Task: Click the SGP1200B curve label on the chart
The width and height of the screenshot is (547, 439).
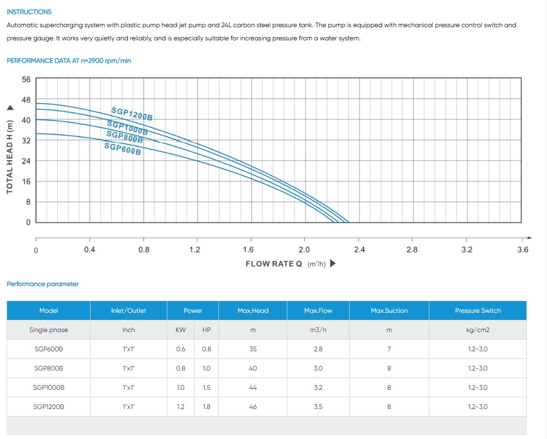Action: [132, 114]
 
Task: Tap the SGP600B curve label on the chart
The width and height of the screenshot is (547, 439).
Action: [122, 149]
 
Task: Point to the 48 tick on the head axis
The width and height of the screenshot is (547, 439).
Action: [26, 100]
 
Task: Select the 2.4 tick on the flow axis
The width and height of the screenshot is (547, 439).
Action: [359, 250]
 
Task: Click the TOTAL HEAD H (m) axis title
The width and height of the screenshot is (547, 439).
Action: [10, 157]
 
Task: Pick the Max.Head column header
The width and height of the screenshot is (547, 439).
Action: [253, 310]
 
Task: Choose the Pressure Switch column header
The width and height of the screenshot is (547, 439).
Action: [478, 310]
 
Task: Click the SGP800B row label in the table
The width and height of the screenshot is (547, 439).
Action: [48, 368]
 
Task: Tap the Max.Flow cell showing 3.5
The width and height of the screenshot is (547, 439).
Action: [318, 407]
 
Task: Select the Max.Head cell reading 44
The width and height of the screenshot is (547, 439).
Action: [253, 387]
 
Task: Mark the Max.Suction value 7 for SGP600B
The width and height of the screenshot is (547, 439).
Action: [389, 349]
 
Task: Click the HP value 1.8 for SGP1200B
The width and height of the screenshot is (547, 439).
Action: [206, 407]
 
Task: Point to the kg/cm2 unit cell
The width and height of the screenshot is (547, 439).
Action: [478, 330]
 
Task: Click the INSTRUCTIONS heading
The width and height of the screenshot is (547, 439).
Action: [29, 12]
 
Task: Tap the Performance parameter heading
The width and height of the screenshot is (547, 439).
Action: [43, 284]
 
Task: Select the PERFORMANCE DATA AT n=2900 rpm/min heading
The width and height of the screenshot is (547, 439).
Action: [69, 61]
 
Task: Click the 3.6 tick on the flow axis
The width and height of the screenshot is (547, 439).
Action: [523, 250]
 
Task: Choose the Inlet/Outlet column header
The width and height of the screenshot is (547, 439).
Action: [128, 310]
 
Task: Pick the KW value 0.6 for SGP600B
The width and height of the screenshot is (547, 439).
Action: [180, 349]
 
